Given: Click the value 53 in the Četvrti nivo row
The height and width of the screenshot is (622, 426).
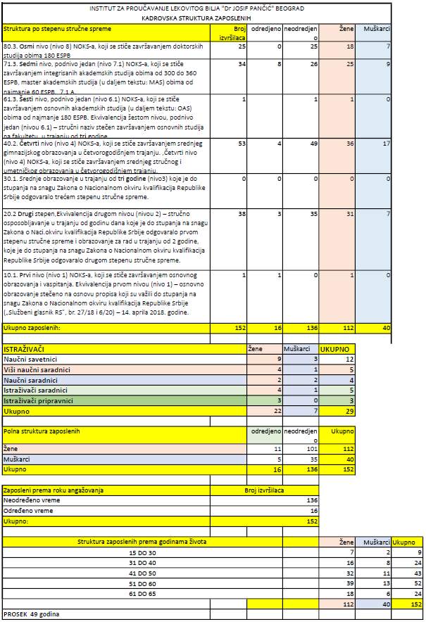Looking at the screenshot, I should coord(241,144).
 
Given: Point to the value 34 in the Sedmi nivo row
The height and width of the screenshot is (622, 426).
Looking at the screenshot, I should coord(241,64).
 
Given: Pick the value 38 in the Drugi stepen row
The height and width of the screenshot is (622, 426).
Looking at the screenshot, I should coord(241,213).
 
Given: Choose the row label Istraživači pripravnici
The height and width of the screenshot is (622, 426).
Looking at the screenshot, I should coord(39,400).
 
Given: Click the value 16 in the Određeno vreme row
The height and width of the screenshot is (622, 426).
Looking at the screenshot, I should coord(313,511).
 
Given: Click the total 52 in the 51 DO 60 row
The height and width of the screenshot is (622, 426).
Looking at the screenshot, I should coord(415,583).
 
